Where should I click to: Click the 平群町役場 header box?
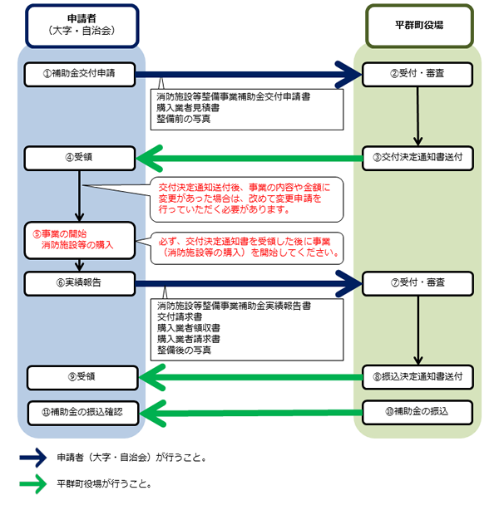click(418, 25)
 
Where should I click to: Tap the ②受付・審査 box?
click(418, 73)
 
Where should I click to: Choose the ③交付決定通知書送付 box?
click(418, 156)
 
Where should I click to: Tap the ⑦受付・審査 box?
click(418, 282)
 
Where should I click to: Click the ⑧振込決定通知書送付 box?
click(418, 377)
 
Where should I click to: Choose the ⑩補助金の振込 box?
click(418, 411)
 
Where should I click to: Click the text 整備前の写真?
click(183, 120)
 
